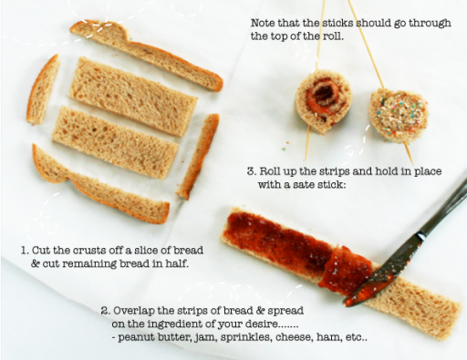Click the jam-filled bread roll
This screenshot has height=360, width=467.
[x=324, y=101]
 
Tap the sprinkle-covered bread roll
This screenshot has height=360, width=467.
[x=399, y=115]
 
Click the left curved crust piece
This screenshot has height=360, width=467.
[x=42, y=89]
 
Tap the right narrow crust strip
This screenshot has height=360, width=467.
[x=198, y=156]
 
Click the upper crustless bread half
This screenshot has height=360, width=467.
[x=132, y=96]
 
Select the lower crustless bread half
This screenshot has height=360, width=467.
[x=115, y=141]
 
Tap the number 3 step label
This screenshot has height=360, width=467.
[x=251, y=171]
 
